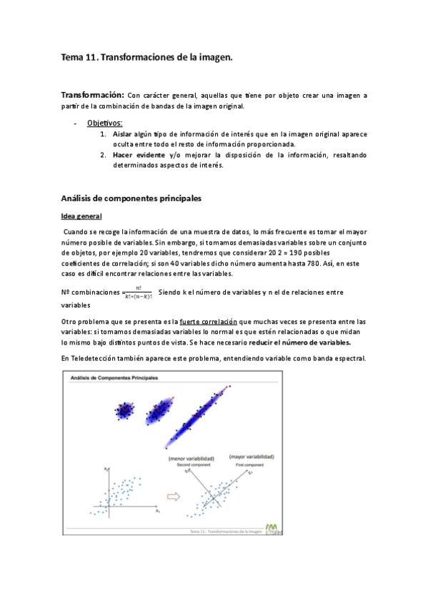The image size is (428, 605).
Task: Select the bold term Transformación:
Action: (x=92, y=95)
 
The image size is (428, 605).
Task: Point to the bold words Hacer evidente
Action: (x=140, y=155)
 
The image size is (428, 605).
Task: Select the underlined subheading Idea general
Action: (x=81, y=216)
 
